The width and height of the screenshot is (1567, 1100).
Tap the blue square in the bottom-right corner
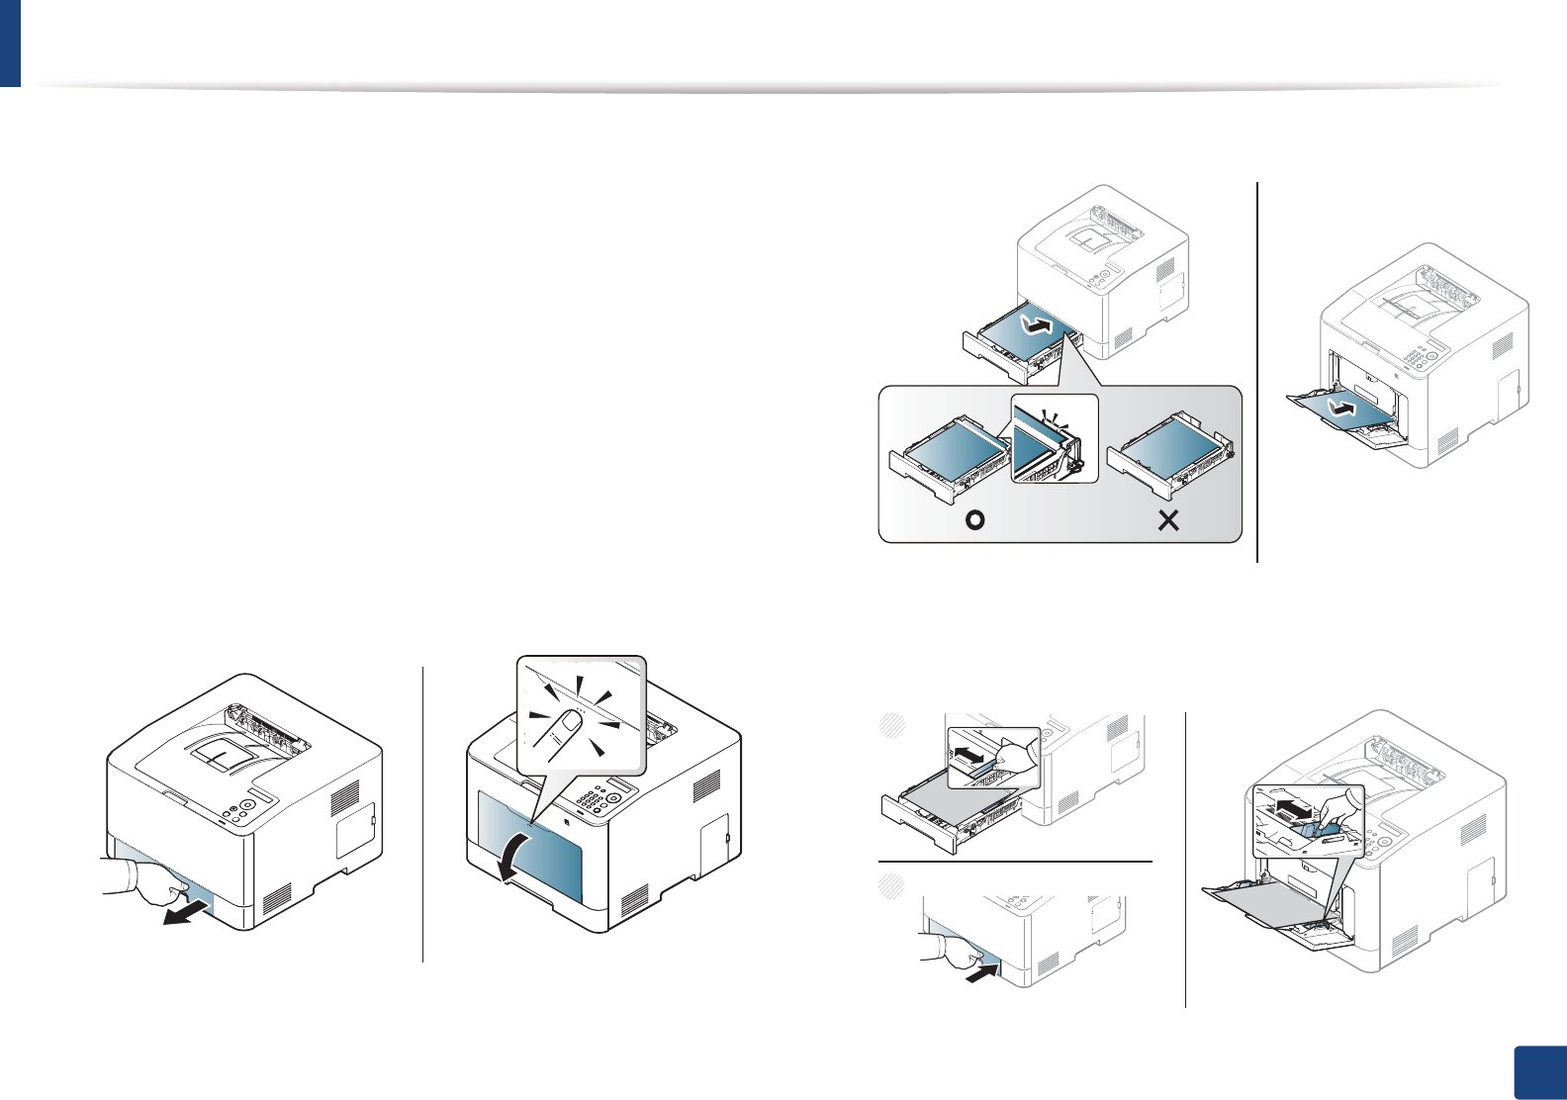1540,1072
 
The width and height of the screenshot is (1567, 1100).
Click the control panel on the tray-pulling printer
243,807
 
